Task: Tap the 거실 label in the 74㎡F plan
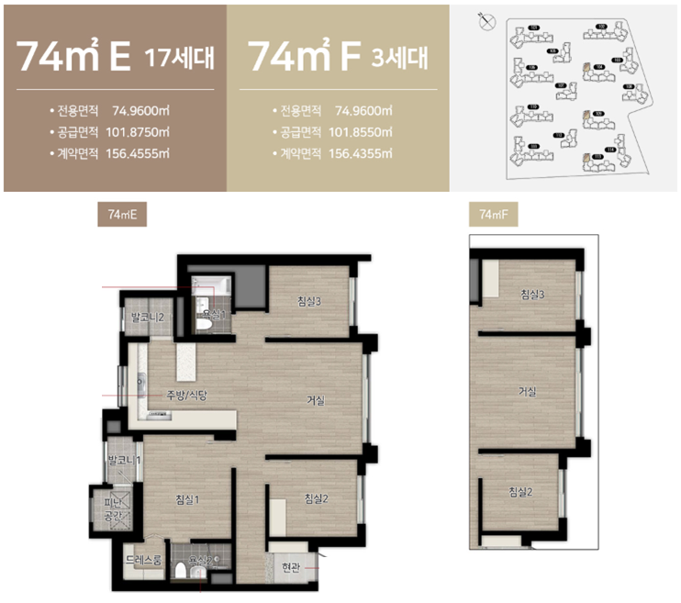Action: pos(527,392)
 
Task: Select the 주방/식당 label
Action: pos(188,396)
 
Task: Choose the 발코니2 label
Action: pos(147,317)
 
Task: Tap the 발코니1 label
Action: pos(123,459)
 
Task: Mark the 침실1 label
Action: pos(188,499)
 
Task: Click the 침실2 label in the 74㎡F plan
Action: pos(520,492)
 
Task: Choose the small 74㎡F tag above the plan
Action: pos(493,215)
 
